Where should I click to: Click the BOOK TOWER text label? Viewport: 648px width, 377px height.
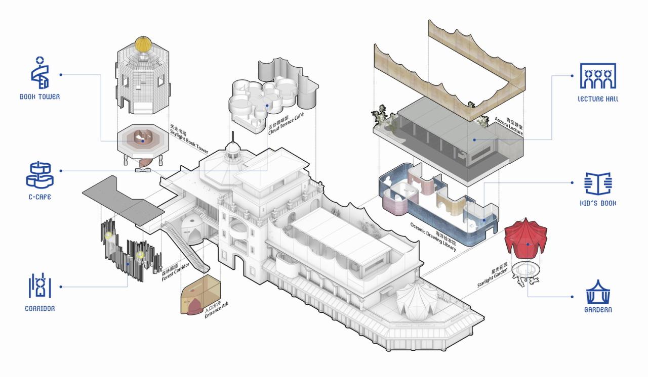point(39,97)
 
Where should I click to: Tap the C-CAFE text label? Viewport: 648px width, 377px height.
point(38,197)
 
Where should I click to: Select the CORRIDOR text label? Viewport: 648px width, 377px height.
point(39,308)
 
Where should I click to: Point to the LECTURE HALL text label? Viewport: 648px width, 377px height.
point(598,99)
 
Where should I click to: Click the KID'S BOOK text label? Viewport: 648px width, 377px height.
point(598,203)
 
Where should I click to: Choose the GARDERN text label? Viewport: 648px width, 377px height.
point(598,310)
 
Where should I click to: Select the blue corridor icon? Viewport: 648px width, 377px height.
point(39,286)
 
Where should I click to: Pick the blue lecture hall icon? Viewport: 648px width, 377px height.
point(598,76)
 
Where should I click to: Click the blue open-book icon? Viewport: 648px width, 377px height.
point(598,183)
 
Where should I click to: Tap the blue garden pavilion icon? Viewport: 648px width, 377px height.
point(598,291)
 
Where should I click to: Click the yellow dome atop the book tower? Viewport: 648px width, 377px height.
point(143,44)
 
